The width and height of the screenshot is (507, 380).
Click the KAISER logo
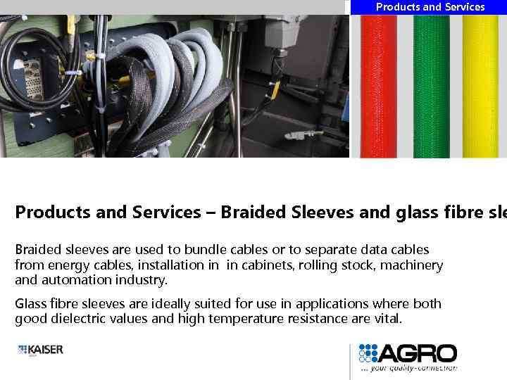(41, 349)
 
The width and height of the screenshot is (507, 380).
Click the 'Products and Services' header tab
(430, 7)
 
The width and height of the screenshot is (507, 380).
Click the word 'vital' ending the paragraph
(388, 319)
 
